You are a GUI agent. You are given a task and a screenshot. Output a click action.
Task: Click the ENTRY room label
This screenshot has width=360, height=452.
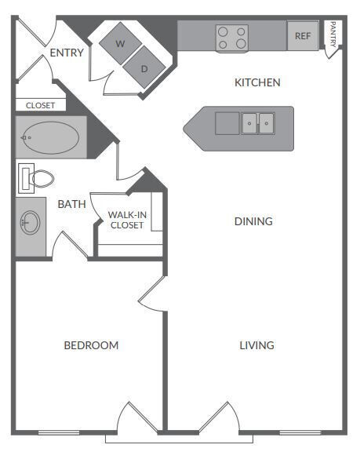pos(66,53)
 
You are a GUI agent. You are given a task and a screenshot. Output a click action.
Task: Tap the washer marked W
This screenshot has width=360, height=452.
pos(120,44)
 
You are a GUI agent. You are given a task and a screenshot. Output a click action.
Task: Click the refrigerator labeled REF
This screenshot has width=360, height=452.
pos(303,36)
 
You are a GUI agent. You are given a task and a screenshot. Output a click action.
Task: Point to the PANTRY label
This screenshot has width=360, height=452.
pos(333,35)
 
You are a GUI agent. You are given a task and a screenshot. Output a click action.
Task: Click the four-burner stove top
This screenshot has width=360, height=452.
pos(232,38)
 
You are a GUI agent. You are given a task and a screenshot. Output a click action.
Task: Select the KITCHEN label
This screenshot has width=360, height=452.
pos(257,82)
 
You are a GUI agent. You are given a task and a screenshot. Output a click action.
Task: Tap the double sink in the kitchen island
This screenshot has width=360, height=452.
pos(258,123)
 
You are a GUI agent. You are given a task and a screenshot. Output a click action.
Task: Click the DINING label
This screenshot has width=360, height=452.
pos(253,221)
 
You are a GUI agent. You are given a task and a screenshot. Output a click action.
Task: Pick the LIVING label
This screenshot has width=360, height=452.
pos(256,345)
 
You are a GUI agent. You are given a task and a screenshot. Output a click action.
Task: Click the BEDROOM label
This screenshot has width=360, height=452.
pos(91,345)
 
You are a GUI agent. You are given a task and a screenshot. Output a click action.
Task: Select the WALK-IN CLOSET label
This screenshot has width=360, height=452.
pos(126,220)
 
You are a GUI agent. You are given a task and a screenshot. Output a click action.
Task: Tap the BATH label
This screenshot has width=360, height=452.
pos(71,204)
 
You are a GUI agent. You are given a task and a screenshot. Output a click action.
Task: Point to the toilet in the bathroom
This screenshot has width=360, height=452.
pos(36,178)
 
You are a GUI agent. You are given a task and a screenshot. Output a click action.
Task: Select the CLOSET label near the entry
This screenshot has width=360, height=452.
pos(39,105)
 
